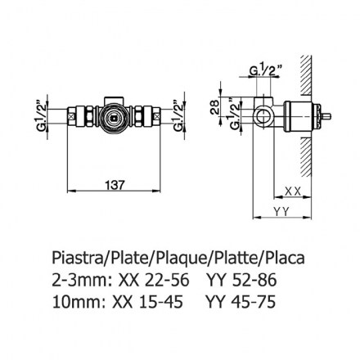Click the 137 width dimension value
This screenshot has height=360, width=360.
tap(115, 185)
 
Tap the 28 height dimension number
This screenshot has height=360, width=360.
tap(214, 107)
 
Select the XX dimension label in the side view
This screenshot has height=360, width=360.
tap(293, 191)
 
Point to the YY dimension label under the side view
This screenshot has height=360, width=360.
tap(281, 211)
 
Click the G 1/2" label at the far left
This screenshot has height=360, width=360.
tap(42, 116)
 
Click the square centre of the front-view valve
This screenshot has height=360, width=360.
tap(114, 118)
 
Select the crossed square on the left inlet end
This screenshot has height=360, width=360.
tap(71, 117)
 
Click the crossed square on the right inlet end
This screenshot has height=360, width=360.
tap(157, 117)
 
